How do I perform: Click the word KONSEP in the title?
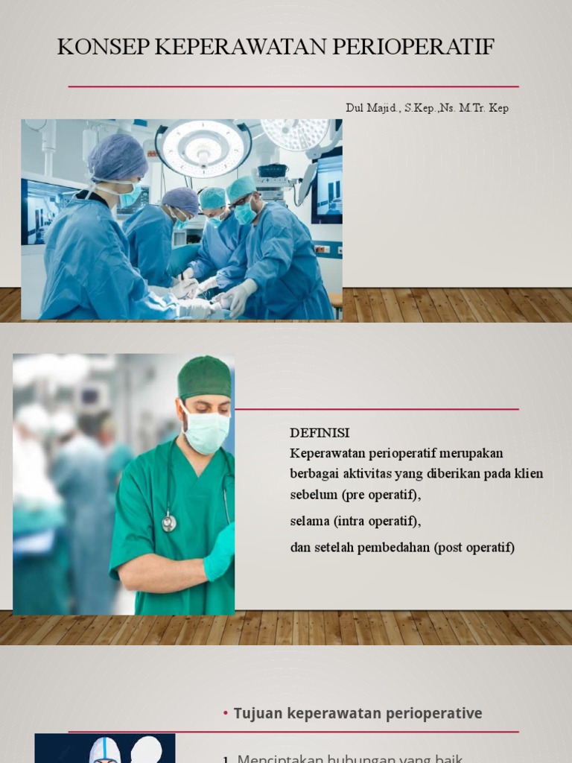(x=103, y=47)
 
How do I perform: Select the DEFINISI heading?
(x=320, y=433)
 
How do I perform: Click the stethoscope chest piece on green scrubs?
(x=170, y=523)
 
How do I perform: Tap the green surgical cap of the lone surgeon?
(x=205, y=377)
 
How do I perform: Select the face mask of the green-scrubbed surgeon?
(x=206, y=432)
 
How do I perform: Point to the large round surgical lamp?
(x=203, y=147)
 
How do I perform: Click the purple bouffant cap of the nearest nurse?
(x=117, y=157)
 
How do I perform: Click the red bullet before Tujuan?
(x=226, y=714)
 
